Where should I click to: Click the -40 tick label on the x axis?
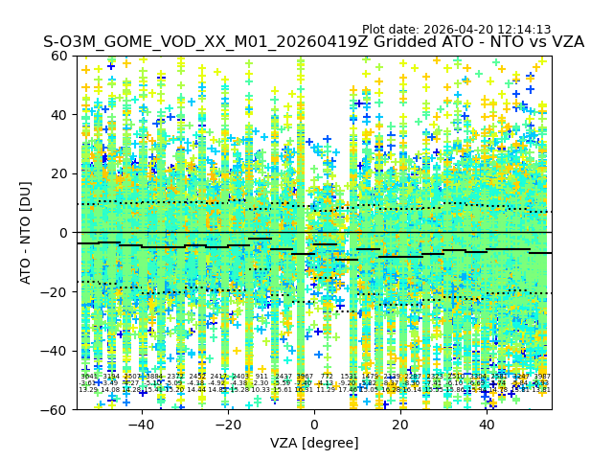141,425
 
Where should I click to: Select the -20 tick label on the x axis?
227,425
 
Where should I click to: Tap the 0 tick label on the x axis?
314,425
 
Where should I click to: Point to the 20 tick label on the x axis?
400,425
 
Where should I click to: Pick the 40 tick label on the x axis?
487,425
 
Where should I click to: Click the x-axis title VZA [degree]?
314,443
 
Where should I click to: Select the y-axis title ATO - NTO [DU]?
27,233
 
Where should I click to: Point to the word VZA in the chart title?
564,42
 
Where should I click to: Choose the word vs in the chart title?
529,42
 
